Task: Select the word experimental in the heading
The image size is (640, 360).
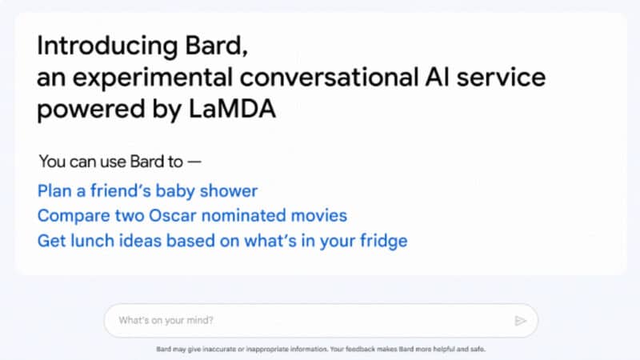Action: coord(143,78)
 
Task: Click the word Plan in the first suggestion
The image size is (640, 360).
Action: coord(54,191)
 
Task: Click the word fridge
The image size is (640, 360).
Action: coord(382,240)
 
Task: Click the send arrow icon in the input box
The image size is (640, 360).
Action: coord(521,321)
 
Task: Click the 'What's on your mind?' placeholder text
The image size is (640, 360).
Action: coord(166,321)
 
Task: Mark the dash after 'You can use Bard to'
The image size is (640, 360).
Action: coord(194,161)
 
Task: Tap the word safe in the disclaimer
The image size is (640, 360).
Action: coord(478,350)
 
